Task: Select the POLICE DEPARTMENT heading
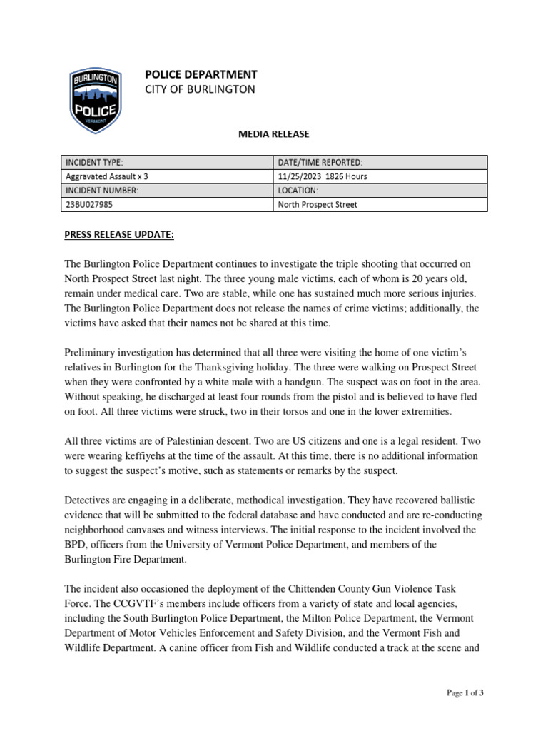pos(201,74)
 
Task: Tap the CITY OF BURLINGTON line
pos(199,89)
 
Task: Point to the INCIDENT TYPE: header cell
pos(95,163)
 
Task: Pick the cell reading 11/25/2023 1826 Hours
pos(323,176)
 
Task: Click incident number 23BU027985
pos(88,205)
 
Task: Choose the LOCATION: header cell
pos(298,191)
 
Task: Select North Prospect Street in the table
pos(317,205)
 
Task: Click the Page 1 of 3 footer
pos(467,692)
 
